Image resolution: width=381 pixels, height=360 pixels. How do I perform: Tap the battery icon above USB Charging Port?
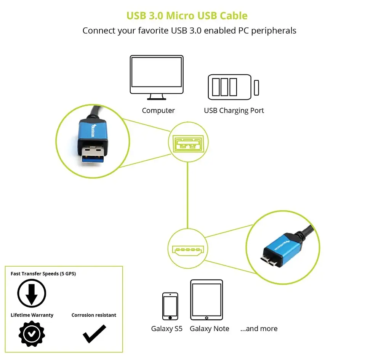233,87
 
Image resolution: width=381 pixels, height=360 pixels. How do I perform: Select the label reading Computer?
158,110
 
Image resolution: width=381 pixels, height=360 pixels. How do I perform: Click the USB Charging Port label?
234,110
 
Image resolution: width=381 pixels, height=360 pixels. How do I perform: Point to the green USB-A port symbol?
188,144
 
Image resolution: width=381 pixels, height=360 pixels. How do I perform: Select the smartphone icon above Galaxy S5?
170,306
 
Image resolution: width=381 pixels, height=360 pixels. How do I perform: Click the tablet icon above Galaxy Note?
207,300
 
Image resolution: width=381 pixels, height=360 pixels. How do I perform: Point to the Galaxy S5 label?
167,329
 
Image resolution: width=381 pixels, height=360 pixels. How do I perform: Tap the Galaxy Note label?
210,329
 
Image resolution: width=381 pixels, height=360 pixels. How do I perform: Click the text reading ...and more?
259,329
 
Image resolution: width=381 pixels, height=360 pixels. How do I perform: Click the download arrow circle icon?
32,293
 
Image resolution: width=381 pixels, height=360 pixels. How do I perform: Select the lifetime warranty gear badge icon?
32,334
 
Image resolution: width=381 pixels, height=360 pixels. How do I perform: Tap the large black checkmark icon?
94,334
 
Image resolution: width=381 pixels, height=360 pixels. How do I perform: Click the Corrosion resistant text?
94,315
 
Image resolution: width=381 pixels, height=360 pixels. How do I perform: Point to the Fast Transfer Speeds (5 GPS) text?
43,274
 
